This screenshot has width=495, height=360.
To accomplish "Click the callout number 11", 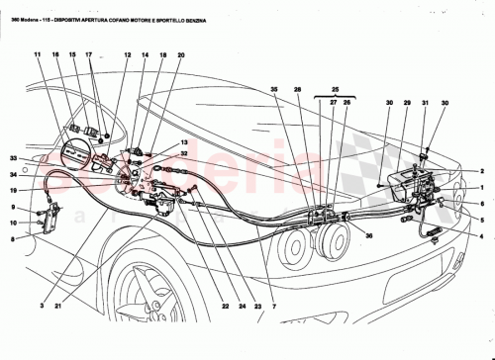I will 38,55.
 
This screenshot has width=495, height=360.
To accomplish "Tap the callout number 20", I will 181,55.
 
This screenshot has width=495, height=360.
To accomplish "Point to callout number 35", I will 274,90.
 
